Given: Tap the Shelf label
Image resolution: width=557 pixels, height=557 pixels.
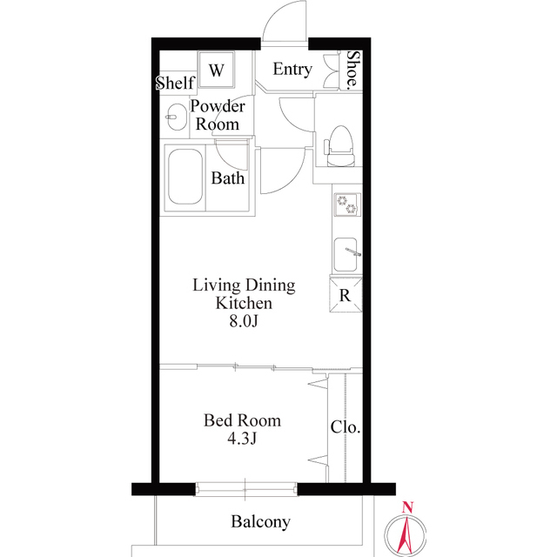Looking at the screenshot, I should [174, 84].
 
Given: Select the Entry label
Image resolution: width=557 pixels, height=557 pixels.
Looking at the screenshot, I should [292, 70].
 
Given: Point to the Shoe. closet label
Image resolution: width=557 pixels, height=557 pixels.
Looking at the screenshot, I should [352, 70].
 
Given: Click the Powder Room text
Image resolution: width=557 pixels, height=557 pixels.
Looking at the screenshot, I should [218, 115].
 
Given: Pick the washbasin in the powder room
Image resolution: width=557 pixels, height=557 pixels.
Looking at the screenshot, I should [175, 116].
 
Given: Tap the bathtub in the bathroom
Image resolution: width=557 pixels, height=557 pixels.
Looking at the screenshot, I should [185, 178].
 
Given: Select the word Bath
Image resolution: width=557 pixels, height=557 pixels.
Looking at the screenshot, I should [228, 179].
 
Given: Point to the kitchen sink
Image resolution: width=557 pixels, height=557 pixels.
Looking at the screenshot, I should [346, 254].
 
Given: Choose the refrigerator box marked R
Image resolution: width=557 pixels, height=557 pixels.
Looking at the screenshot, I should [346, 295].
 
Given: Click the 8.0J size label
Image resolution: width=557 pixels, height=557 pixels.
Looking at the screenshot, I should [244, 322].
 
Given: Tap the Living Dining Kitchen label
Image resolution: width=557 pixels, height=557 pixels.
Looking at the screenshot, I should [244, 294].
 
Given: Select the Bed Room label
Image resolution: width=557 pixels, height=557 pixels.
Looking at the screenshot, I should [242, 421].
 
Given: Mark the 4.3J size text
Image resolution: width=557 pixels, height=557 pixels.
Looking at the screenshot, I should [242, 439].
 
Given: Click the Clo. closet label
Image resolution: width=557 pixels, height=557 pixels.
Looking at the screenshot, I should [346, 428].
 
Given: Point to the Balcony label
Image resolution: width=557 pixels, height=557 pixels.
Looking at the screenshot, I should [260, 522].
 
